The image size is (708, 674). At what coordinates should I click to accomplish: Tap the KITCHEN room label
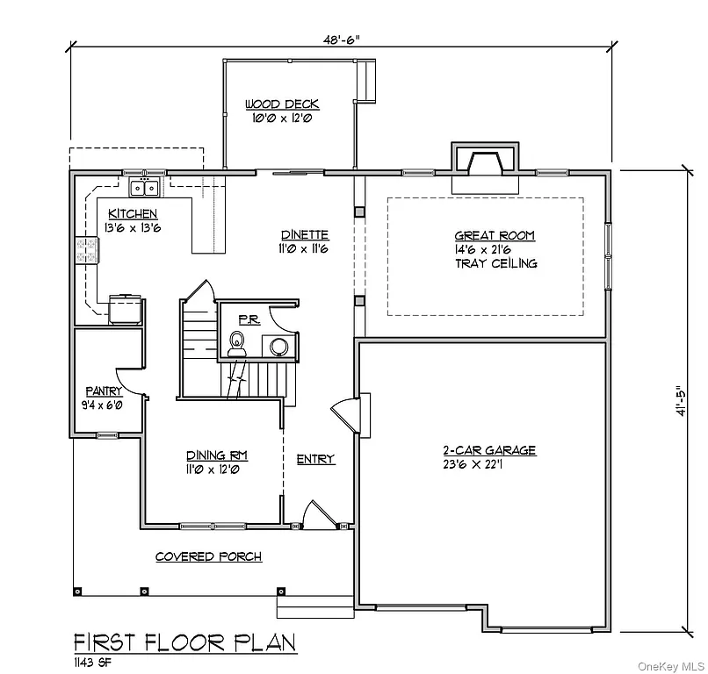tap(133, 214)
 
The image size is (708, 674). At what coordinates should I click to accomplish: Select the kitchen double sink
tap(144, 187)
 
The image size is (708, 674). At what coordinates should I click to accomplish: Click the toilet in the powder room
tap(236, 343)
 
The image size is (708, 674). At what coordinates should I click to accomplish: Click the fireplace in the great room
tap(485, 166)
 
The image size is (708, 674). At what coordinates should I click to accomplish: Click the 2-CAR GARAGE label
tap(488, 450)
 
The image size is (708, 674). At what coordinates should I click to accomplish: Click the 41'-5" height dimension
tap(679, 401)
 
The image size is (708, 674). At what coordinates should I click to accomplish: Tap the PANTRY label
tap(104, 391)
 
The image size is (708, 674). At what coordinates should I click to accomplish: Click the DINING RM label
tap(216, 455)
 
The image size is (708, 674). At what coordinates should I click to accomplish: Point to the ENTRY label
tap(315, 459)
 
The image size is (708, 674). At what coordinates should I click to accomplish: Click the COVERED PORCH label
tap(208, 557)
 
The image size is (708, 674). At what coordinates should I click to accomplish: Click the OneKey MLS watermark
tap(670, 664)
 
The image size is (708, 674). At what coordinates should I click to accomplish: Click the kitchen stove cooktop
tap(87, 251)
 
